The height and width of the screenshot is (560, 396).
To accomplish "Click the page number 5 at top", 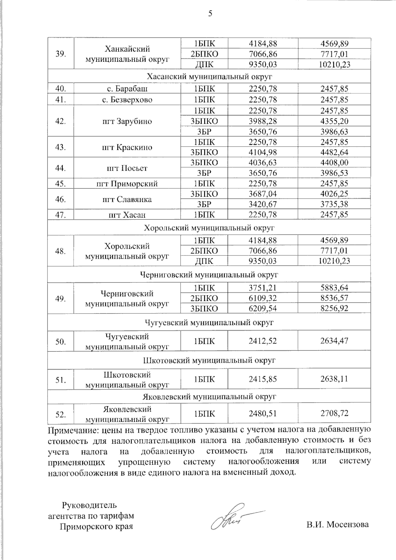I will pos(210,14).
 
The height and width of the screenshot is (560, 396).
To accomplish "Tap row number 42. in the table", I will pos(60,121).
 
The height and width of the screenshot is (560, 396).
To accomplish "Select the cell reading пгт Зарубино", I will pos(127,121).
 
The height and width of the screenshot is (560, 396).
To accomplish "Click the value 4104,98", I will pos(262,152).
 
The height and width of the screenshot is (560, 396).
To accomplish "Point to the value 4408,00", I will pos(334,162).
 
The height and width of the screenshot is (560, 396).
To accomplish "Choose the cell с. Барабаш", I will pos(127,89).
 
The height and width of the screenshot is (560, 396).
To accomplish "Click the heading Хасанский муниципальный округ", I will pos(209,77).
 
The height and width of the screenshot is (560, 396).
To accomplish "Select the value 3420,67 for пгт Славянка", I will pos(262,204).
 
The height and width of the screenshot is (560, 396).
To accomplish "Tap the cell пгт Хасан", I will pos(127,215).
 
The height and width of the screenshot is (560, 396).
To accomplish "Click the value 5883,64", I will pos(334,288).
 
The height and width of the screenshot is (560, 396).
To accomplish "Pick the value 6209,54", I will pos(262,308).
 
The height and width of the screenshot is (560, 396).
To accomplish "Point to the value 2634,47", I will pos(334,341).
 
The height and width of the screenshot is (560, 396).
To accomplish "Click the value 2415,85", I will pos(262,379).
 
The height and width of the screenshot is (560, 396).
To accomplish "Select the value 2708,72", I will pos(334,413).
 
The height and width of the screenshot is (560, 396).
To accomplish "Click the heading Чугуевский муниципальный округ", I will pos(209,322).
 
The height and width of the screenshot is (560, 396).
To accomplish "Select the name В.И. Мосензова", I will pos(337,524).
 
